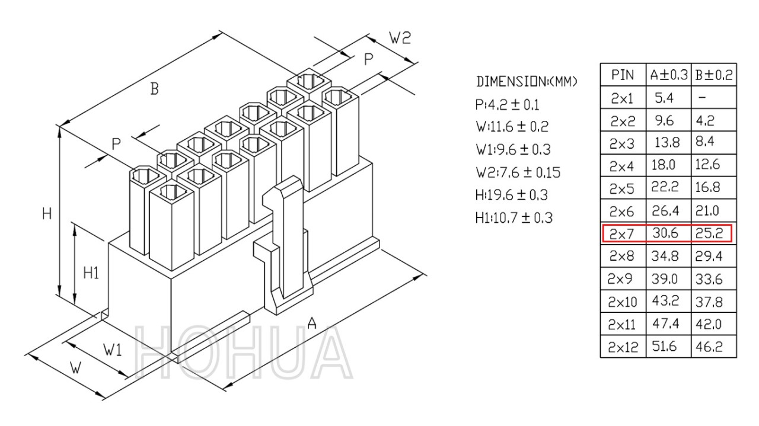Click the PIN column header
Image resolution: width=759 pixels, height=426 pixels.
point(623,75)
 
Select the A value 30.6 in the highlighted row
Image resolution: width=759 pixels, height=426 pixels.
point(665,233)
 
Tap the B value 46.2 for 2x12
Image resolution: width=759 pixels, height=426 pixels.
point(709,347)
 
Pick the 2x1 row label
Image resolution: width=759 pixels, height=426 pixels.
point(622,98)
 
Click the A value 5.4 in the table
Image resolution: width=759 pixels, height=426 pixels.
point(664,98)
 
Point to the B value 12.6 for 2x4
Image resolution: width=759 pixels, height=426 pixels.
point(707,165)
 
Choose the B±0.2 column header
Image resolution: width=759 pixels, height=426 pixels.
point(714,75)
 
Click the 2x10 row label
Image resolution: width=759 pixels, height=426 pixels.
point(623,302)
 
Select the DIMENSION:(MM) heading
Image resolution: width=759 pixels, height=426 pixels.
point(526,82)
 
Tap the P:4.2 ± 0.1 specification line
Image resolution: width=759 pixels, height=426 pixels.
point(507,105)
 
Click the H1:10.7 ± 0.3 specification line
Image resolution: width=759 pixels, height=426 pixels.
point(514,218)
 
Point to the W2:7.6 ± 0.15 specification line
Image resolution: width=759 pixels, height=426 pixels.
point(518,172)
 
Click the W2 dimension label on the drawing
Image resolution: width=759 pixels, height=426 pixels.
point(400,38)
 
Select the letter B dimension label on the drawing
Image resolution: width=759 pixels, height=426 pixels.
point(155,89)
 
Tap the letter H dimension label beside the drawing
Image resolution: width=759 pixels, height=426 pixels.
point(47,214)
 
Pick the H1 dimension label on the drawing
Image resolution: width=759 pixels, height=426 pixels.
point(91,273)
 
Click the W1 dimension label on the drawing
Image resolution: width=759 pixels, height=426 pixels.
point(113,350)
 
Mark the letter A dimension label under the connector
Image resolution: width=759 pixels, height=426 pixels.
point(312,323)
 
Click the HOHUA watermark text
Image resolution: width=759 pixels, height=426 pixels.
point(243,353)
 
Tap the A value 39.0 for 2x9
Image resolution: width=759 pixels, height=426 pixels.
point(665,278)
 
